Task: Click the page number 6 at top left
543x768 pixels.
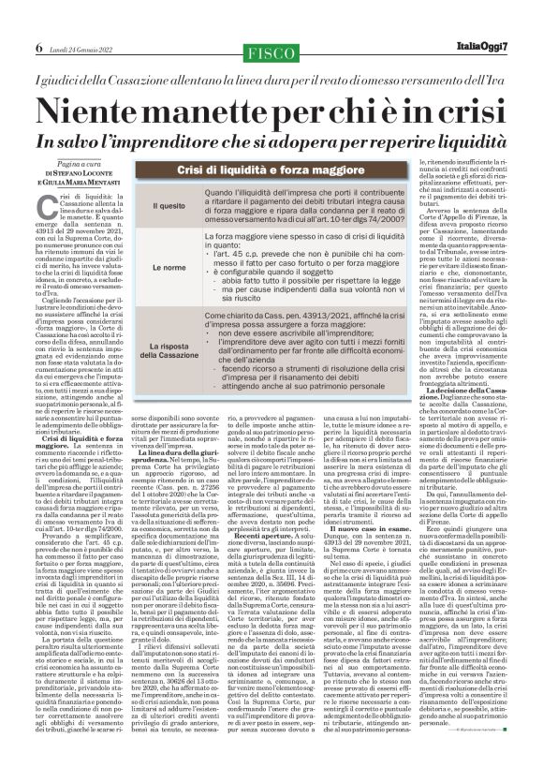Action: pyautogui.click(x=12, y=21)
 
